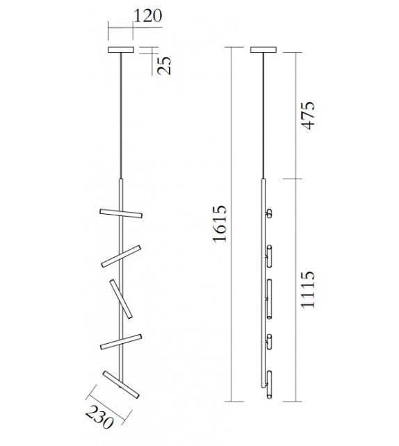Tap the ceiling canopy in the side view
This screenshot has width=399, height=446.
click(263, 49)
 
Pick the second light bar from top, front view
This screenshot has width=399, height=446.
click(121, 255)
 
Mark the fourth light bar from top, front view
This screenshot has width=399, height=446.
click(121, 341)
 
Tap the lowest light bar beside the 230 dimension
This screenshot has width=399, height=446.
click(121, 384)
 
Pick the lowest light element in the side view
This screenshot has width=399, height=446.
click(269, 393)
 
